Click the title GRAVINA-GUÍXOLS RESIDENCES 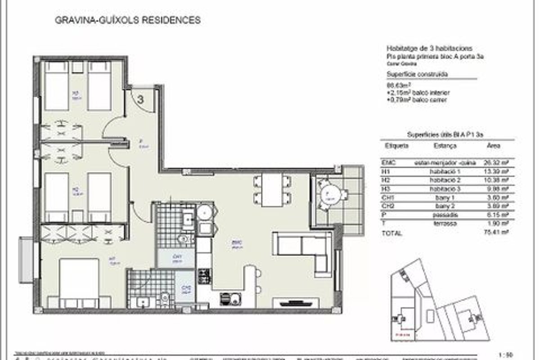(127, 20)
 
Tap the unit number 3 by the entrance (140, 100)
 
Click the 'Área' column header (493, 146)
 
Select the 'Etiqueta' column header (396, 146)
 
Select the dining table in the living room (272, 189)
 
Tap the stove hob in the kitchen (204, 275)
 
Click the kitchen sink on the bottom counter (230, 298)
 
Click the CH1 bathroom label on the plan (176, 258)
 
